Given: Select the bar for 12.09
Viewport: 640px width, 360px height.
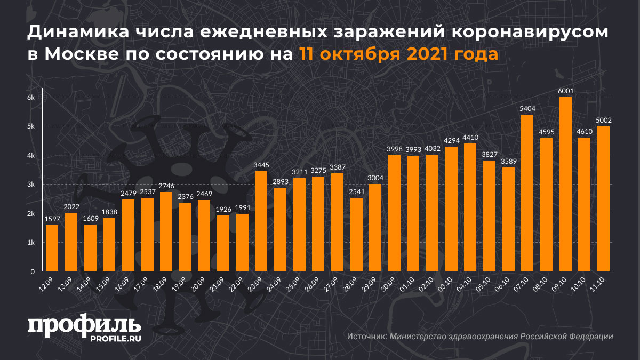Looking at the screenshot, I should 52,248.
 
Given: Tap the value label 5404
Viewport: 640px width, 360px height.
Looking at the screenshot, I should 527,109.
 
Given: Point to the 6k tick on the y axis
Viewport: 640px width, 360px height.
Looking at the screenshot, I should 31,98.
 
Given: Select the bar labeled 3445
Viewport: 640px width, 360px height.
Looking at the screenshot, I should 261,221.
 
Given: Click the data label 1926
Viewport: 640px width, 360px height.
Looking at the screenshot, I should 223,209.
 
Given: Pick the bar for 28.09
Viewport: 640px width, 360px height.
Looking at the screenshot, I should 356,235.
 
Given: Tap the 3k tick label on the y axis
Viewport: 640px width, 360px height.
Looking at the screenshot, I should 31,185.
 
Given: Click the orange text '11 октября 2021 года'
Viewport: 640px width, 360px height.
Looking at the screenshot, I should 398,54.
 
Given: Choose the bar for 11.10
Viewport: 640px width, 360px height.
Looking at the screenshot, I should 603,199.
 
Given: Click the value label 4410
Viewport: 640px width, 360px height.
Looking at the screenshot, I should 470,137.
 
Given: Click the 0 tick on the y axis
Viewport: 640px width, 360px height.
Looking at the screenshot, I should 33,271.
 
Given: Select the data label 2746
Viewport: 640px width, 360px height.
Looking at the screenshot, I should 166,186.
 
